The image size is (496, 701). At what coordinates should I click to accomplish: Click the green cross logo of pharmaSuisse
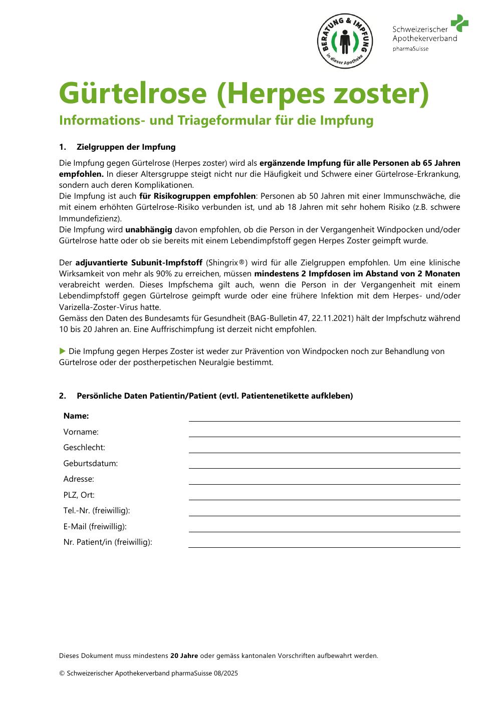tap(459, 23)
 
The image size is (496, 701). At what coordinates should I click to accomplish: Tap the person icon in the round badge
tap(345, 42)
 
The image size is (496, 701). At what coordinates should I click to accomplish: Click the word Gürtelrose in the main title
tap(133, 93)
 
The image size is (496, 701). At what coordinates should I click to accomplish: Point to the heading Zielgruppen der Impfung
tap(126, 147)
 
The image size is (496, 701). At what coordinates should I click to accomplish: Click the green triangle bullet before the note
tap(63, 351)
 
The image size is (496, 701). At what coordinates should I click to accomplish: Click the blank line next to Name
tap(324, 417)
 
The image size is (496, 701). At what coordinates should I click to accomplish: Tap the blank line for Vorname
tap(324, 433)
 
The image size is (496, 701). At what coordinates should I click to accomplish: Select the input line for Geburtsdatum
tap(324, 464)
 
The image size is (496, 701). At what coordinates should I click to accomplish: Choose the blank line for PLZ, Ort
tap(324, 496)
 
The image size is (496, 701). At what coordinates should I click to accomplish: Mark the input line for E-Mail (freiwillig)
tap(324, 527)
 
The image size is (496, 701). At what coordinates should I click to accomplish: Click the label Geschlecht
tap(84, 448)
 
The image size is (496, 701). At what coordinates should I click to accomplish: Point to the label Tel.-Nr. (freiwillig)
tap(97, 511)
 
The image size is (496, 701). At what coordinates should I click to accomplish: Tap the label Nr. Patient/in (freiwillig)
tap(108, 542)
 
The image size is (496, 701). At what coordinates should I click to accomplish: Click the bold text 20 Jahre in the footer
tap(184, 656)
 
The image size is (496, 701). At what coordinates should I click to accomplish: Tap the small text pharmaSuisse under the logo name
tap(410, 49)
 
